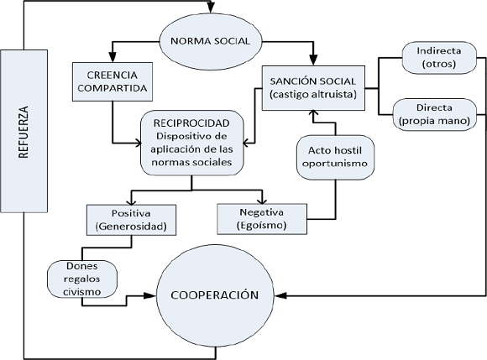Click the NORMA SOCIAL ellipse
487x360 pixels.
pos(211,40)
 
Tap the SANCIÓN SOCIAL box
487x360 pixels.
pos(314,86)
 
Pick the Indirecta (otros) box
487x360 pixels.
pos(437,55)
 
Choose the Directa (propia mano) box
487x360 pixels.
pos(437,115)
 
